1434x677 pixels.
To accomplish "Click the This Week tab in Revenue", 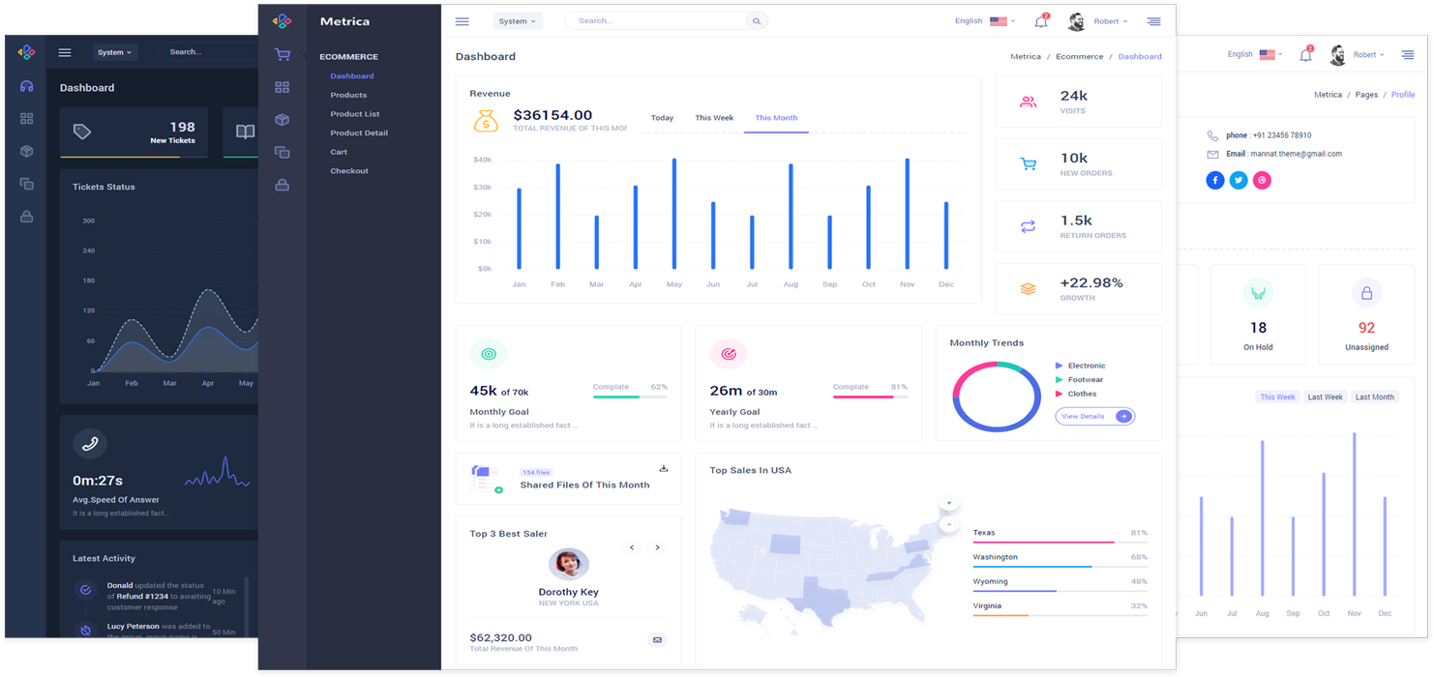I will click(714, 118).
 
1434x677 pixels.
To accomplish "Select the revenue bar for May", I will click(674, 214).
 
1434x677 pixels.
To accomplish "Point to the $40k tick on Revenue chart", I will click(483, 160).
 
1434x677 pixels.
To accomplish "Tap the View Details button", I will click(1094, 416).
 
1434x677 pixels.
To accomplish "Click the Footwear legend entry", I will click(1085, 380).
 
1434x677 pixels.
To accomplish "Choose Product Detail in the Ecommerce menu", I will click(359, 132).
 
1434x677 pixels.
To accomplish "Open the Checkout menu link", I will click(349, 171).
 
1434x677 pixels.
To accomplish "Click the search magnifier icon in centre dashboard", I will click(757, 21).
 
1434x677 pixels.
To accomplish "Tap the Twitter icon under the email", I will click(1239, 180).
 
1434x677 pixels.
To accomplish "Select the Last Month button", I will click(1374, 397).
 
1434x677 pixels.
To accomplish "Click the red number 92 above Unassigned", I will click(1366, 328).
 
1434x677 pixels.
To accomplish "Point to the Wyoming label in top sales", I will click(990, 581).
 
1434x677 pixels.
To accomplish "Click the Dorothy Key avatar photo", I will click(569, 564).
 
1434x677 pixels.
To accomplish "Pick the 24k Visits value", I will click(1074, 96).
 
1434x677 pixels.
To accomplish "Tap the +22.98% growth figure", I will click(1091, 282).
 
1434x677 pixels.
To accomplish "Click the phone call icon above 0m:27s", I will click(90, 444).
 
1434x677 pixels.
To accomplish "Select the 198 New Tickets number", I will click(182, 127).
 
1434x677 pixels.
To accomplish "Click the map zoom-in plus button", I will click(949, 503).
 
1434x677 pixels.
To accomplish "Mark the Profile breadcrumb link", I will click(1403, 95).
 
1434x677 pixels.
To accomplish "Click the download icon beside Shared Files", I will click(664, 469).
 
